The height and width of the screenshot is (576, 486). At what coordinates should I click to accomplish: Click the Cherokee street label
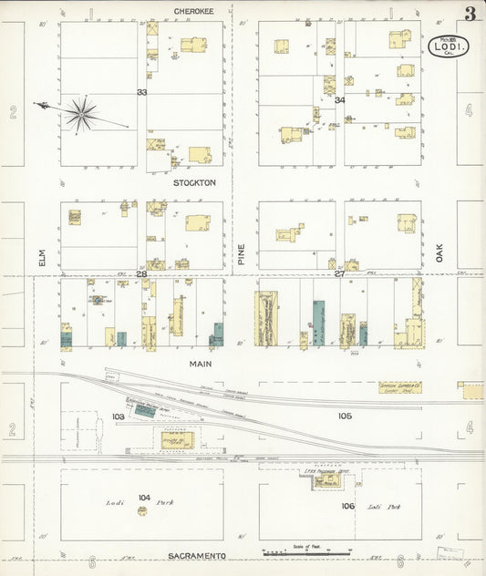195,11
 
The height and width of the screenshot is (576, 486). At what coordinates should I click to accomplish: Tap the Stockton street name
195,182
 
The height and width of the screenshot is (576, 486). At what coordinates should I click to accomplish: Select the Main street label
201,364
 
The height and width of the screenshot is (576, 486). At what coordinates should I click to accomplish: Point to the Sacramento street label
199,555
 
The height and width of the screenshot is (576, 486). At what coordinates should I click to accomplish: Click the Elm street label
42,259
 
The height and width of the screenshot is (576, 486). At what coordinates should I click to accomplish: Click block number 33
141,93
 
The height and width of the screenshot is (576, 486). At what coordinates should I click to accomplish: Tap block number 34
339,100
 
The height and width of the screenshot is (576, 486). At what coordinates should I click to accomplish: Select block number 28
141,273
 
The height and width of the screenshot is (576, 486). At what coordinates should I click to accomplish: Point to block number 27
339,273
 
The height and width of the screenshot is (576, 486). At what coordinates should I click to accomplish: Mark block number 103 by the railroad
118,417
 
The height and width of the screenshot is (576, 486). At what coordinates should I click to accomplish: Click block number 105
344,416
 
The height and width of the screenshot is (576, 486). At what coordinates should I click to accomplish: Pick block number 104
143,497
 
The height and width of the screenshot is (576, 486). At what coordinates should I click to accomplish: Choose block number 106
347,506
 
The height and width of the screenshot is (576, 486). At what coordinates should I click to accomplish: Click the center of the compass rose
80,113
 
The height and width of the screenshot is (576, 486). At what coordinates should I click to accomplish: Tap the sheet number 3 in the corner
469,14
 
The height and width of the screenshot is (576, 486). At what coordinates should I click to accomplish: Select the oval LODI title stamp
449,46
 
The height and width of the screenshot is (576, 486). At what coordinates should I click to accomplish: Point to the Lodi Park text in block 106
381,506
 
